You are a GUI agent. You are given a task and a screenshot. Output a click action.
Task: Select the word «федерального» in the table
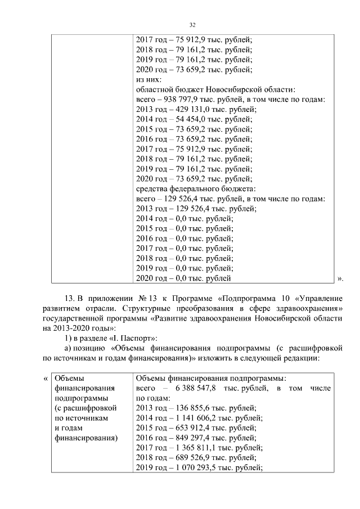pos(194,188)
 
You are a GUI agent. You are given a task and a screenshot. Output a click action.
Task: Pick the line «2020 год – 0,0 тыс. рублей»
pos(183,278)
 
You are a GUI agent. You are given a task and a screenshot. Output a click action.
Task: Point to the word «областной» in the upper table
pos(155,89)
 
